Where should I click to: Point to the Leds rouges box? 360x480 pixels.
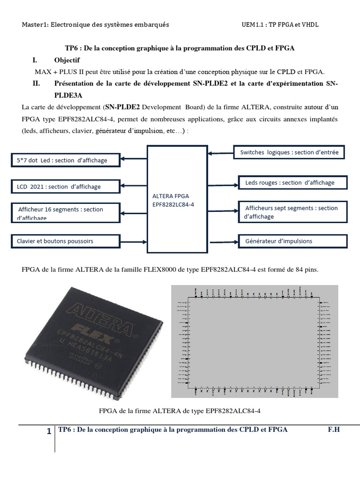tap(293, 183)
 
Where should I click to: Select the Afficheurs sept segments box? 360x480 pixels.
tap(293, 212)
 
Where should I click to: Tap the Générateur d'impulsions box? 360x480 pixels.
tap(293, 241)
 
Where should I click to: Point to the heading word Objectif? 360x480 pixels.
tap(67, 60)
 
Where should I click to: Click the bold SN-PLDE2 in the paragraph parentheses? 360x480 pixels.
tap(123, 106)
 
